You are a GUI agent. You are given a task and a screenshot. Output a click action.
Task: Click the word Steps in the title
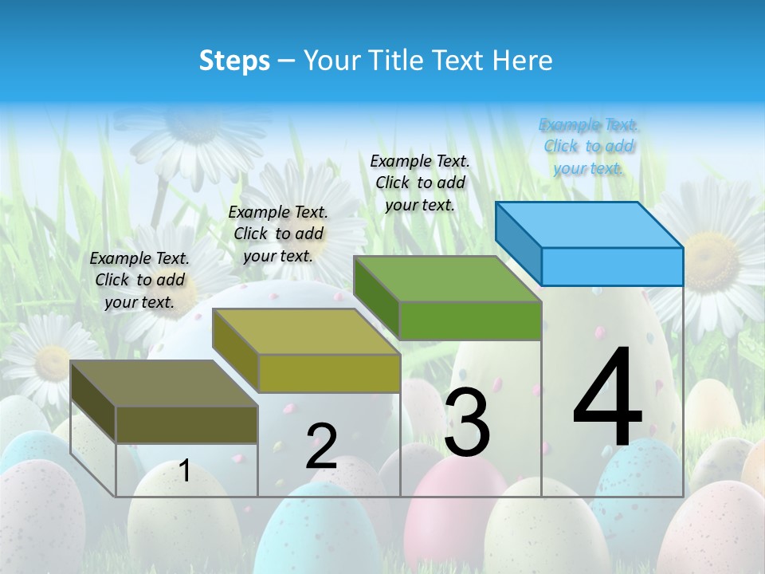pos(234,61)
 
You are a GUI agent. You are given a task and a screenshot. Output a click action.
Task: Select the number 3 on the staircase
pos(467,423)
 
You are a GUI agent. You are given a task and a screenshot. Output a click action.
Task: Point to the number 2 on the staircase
pos(321,446)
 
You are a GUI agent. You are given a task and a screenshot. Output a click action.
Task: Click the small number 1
pos(185,470)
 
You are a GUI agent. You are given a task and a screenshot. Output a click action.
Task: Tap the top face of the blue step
pos(590,224)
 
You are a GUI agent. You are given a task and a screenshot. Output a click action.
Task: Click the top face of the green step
pos(448,279)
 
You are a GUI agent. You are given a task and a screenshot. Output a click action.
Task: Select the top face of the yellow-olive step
pos(306,331)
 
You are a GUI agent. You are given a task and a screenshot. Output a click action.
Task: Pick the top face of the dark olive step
pos(164,383)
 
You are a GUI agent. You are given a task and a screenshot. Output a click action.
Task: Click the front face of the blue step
pos(612,266)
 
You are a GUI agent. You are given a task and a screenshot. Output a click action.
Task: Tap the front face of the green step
pos(470,320)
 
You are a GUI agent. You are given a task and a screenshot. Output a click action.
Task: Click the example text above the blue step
pos(589,146)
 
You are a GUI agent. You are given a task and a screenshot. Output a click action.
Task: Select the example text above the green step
pos(420,183)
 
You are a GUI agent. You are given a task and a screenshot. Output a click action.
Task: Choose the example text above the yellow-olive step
pos(278,234)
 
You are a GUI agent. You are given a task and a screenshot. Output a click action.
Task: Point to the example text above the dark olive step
pos(139,280)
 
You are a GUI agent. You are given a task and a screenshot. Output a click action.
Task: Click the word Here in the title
pos(523,61)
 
